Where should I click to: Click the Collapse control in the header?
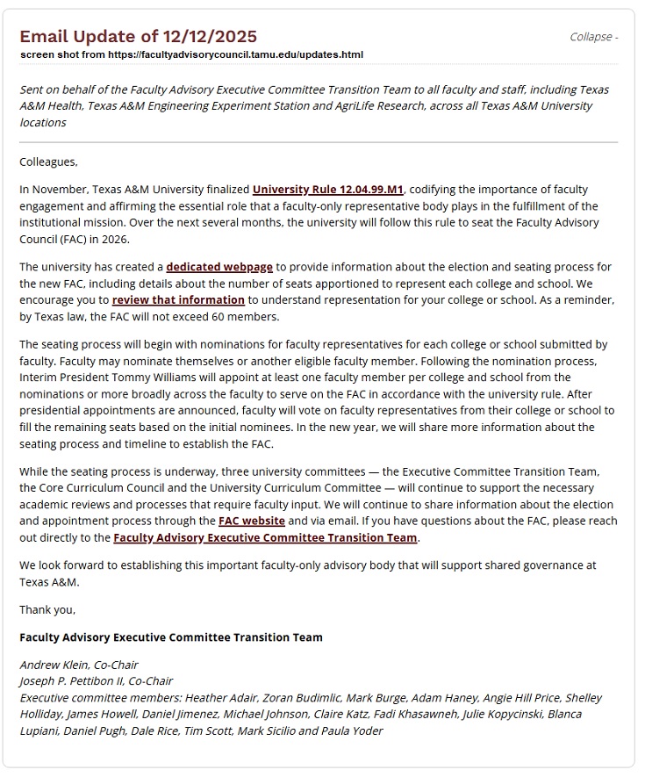click(x=593, y=37)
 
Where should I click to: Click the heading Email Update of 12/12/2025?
click(x=138, y=36)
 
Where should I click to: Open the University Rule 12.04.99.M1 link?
click(x=328, y=189)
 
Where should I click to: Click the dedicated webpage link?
click(x=219, y=266)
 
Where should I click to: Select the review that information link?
click(x=178, y=299)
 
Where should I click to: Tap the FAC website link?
click(x=251, y=521)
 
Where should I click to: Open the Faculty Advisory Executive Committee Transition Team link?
click(x=265, y=537)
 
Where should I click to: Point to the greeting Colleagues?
click(x=48, y=162)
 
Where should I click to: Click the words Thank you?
click(x=47, y=609)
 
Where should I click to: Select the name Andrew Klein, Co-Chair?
click(x=79, y=665)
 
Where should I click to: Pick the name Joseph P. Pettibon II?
click(x=76, y=680)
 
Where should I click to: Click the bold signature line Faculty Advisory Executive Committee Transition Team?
click(x=171, y=637)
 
